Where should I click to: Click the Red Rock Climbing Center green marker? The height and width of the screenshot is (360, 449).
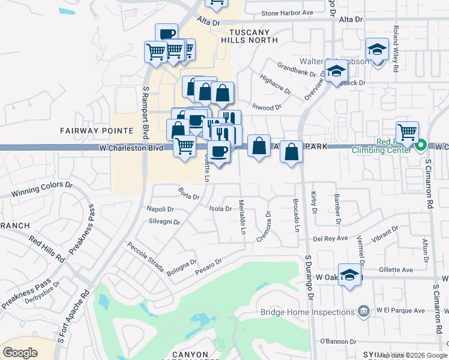click(421, 145)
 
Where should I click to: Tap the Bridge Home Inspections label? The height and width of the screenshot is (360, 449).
click(308, 312)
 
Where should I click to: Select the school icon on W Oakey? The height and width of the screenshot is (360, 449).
click(349, 275)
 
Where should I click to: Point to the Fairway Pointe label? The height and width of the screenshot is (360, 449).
click(97, 130)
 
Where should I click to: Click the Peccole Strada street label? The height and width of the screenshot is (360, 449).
click(145, 257)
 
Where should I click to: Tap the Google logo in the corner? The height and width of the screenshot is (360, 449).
click(20, 352)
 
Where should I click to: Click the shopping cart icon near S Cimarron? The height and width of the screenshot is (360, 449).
click(407, 131)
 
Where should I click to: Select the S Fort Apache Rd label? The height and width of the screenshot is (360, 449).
click(73, 316)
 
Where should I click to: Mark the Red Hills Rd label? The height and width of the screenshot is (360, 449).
click(46, 248)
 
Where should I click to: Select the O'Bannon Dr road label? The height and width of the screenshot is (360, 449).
click(338, 341)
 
